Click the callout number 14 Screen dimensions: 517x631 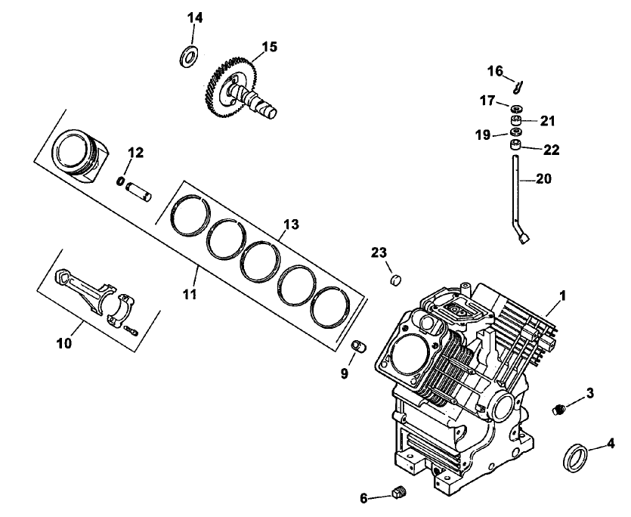point(195,17)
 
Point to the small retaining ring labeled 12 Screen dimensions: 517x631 point(121,181)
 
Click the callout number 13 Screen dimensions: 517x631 point(292,224)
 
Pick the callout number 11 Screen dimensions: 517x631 point(190,293)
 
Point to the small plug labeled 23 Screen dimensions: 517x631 point(394,280)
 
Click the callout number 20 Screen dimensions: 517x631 point(544,179)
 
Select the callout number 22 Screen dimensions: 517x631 point(552,150)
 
